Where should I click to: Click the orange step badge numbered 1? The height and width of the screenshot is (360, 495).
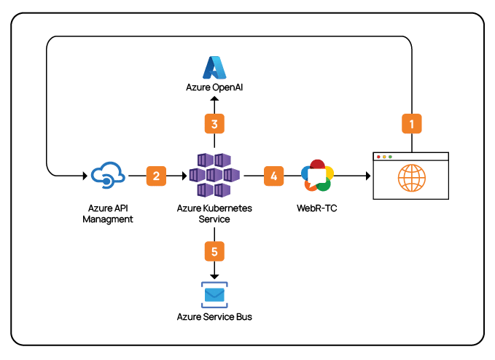[412, 123]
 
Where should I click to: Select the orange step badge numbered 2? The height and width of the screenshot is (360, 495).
[156, 176]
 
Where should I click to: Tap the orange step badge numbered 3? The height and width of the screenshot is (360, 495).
[214, 124]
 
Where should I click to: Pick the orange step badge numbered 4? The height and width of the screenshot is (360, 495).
[273, 176]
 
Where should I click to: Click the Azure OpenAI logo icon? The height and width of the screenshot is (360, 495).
[215, 68]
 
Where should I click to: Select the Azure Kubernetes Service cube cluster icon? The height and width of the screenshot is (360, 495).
[214, 176]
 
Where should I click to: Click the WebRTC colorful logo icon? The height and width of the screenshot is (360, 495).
[317, 176]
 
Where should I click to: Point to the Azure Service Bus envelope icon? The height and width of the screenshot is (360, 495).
[214, 294]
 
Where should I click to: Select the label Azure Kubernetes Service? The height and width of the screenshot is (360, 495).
[214, 213]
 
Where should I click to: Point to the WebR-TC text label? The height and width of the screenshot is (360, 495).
[317, 209]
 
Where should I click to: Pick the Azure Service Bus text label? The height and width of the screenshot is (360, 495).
[214, 317]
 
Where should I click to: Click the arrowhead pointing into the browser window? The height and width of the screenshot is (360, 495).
[368, 176]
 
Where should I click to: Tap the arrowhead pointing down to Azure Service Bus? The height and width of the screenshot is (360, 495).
[214, 275]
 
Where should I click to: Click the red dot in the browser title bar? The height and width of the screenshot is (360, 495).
[378, 157]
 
